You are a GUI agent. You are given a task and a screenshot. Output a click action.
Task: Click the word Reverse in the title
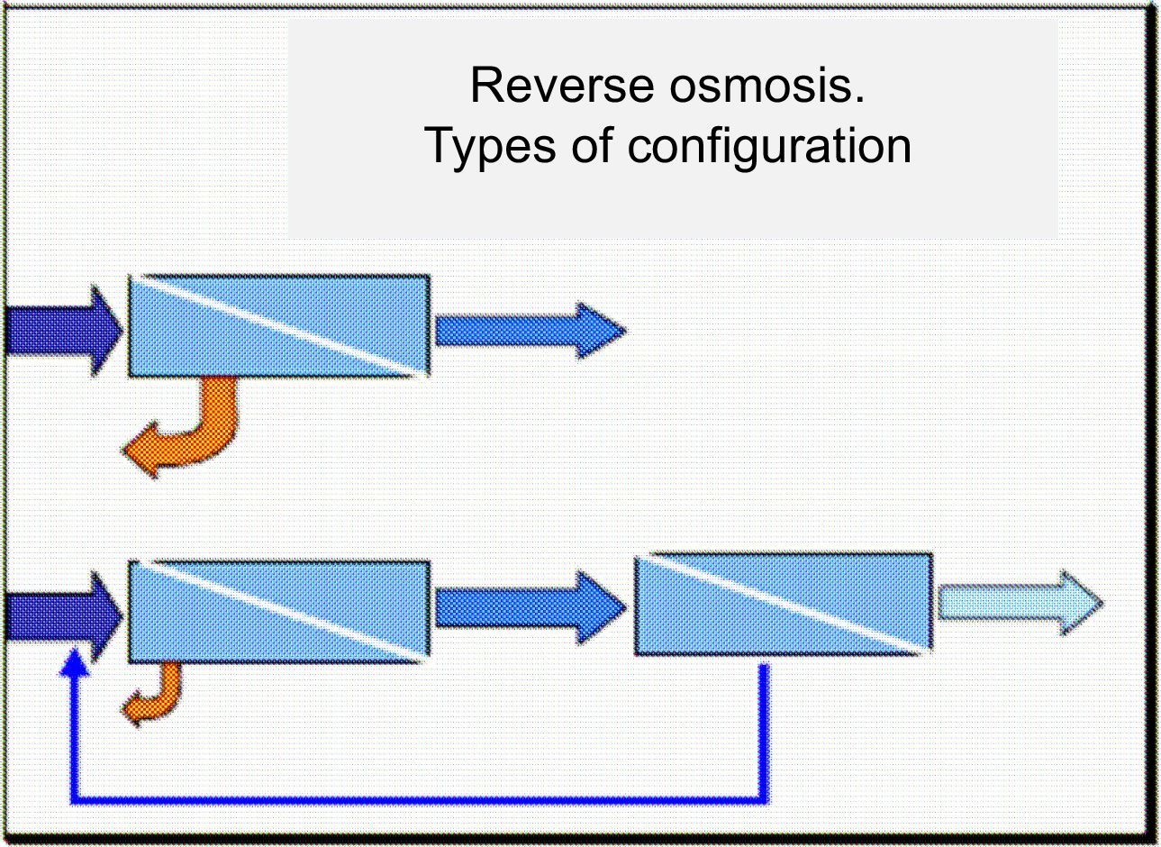point(562,86)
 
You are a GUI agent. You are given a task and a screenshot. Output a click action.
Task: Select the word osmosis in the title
point(767,86)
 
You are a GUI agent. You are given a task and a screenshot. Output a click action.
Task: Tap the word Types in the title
point(490,148)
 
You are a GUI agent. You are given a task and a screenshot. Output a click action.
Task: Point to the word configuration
point(769,148)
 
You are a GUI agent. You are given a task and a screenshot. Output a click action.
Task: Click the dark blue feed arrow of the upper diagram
point(63,331)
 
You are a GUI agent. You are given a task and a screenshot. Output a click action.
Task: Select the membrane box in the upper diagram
point(279,325)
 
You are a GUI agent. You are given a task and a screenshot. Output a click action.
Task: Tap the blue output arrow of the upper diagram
point(531,331)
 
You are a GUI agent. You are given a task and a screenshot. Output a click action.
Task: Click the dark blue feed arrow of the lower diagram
point(63,617)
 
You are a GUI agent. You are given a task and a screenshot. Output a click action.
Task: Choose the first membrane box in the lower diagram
point(279,612)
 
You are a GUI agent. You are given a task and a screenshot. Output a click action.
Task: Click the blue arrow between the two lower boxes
point(531,607)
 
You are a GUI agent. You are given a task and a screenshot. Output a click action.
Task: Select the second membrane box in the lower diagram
point(784,605)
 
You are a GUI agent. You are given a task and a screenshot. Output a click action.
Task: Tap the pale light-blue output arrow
point(1021,603)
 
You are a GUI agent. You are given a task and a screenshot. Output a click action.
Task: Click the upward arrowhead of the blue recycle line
point(75,662)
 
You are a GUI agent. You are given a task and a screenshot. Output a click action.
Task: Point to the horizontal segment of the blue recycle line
point(420,800)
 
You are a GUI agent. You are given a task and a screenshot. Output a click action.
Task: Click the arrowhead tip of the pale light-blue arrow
point(1102,603)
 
